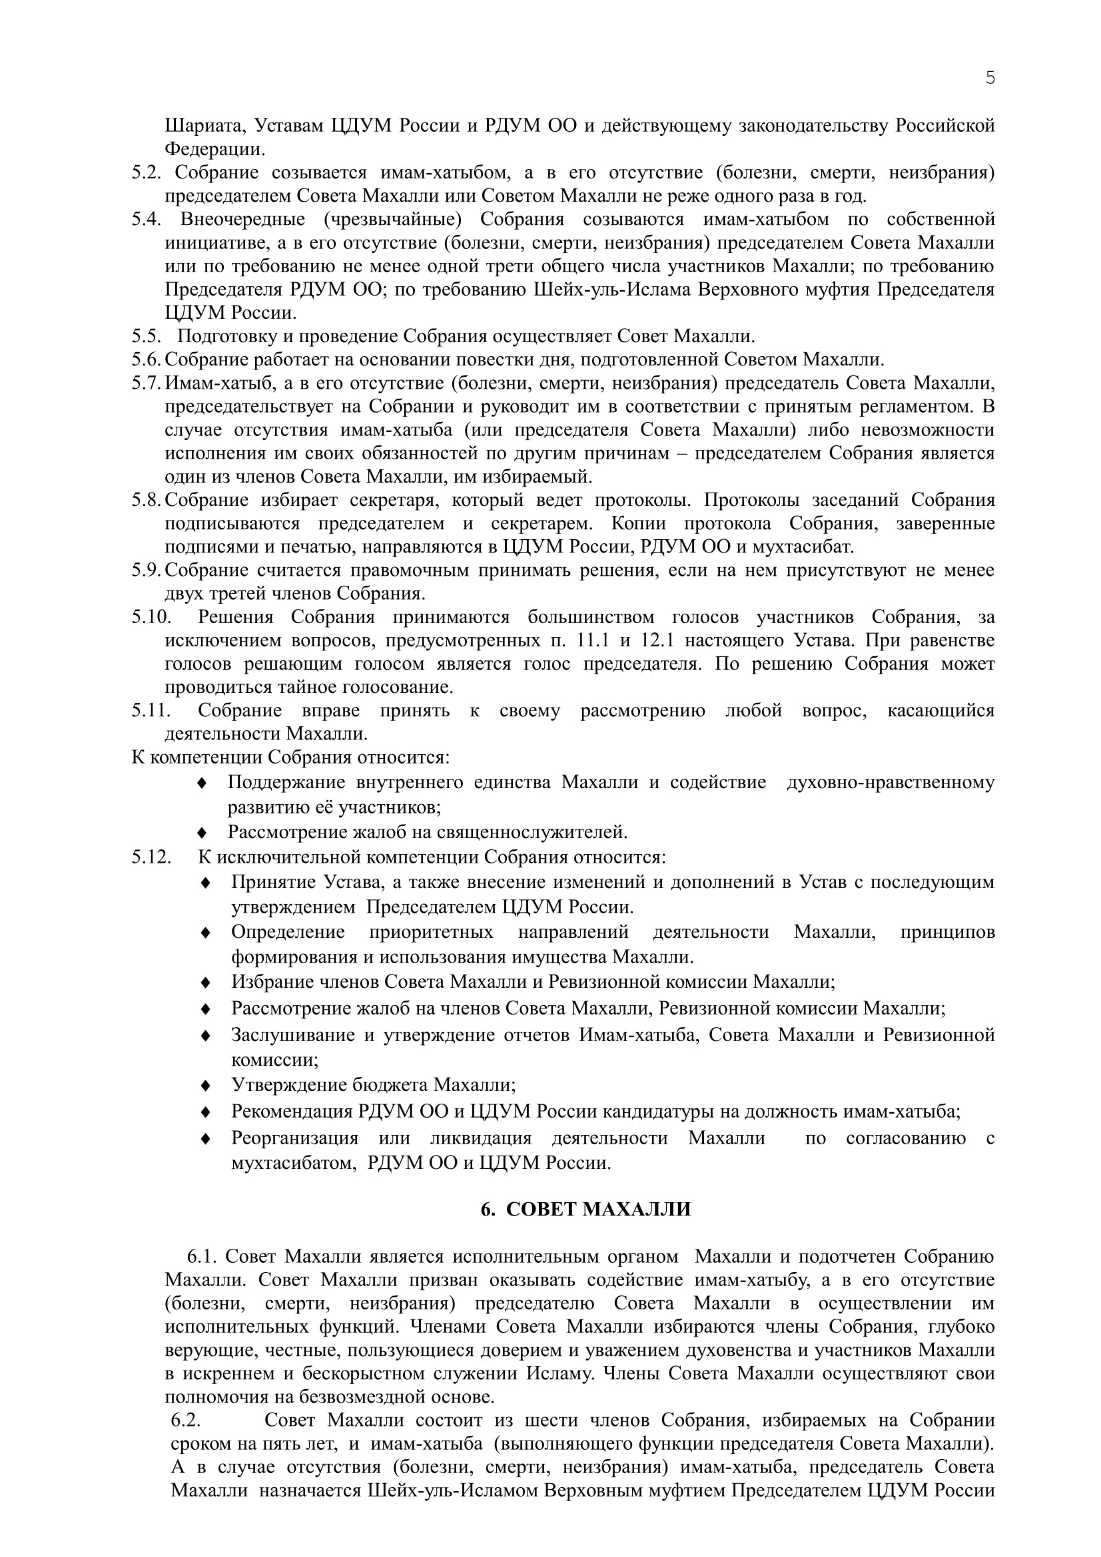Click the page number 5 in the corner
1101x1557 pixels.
click(x=990, y=78)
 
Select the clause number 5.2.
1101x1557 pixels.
click(x=146, y=172)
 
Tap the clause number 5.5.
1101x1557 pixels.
click(x=146, y=335)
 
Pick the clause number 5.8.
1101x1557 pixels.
click(x=146, y=500)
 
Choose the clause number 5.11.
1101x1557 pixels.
click(x=151, y=710)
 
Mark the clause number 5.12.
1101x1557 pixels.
click(x=151, y=857)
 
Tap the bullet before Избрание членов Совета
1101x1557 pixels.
click(x=206, y=982)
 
